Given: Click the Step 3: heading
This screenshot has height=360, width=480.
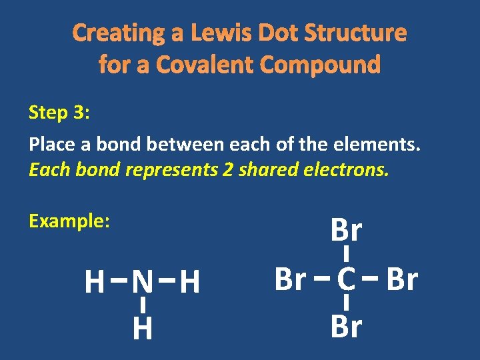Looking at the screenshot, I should point(59,113).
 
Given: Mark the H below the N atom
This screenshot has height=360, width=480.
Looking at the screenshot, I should point(141,329).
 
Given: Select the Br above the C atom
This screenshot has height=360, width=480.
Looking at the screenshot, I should point(346,231).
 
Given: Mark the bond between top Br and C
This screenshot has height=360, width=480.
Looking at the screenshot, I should point(346,254).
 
